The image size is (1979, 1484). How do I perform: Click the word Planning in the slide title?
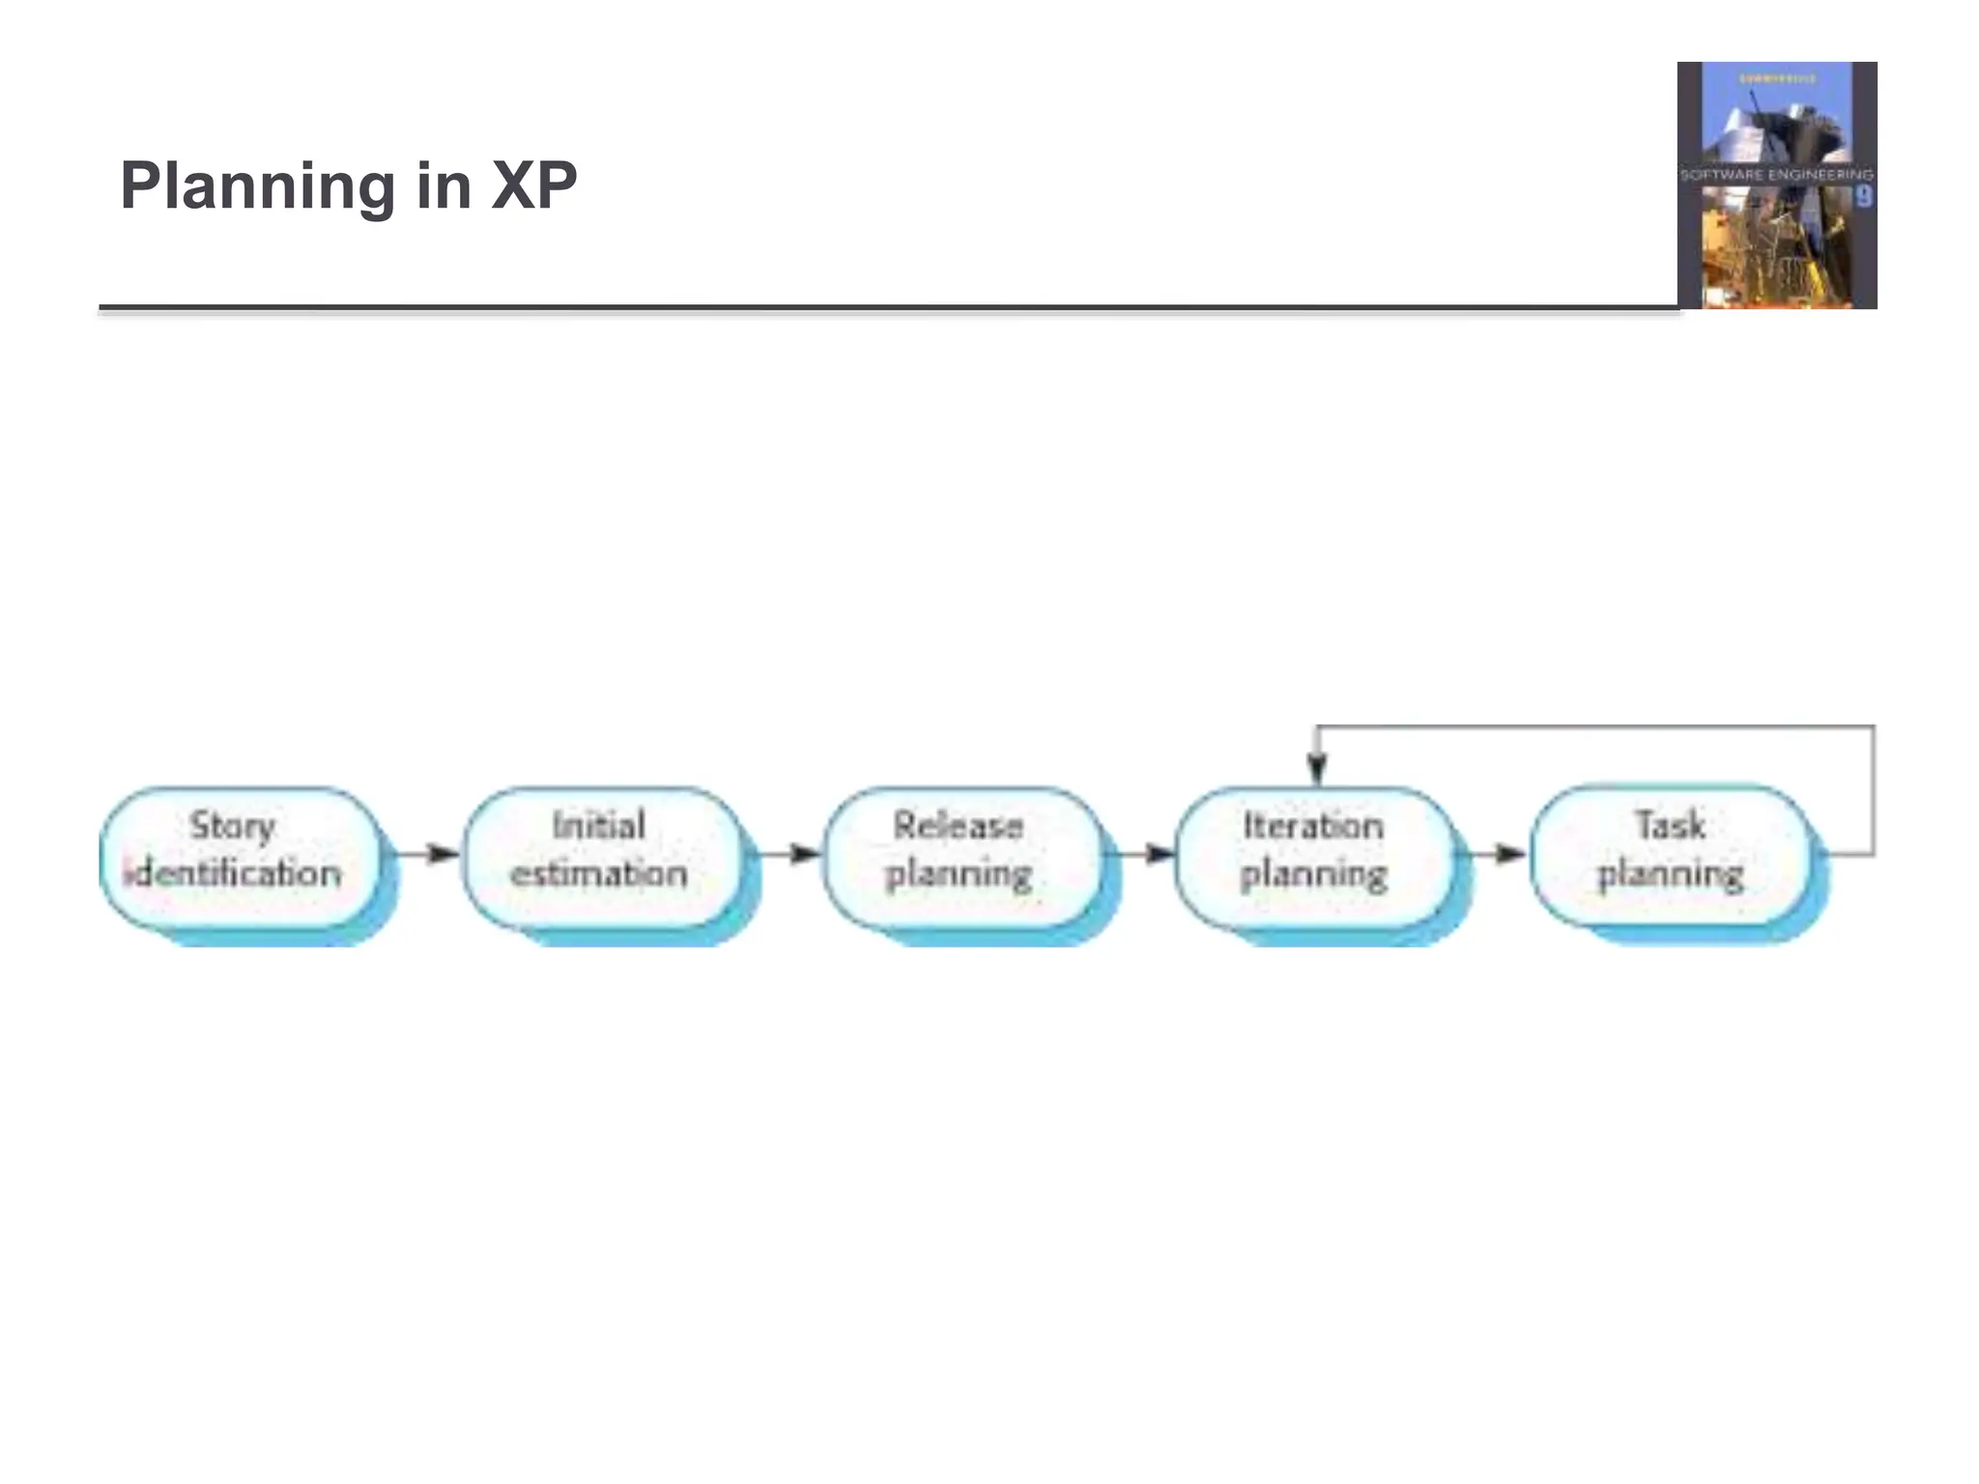click(x=256, y=185)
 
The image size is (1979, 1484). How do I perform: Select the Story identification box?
click(x=240, y=857)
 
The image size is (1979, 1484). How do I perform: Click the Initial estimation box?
click(x=601, y=857)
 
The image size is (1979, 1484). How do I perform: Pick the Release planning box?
click(x=961, y=857)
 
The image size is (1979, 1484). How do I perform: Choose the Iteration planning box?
click(x=1314, y=857)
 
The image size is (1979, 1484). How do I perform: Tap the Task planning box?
click(x=1670, y=857)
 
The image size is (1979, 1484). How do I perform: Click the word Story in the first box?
click(x=233, y=826)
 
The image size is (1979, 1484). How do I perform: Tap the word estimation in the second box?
click(x=599, y=874)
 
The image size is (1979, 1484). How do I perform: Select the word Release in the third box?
click(x=958, y=826)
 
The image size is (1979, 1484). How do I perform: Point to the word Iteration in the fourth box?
click(x=1313, y=826)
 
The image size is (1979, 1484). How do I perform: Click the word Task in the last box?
click(x=1670, y=826)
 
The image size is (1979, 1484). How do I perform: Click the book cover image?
click(x=1776, y=185)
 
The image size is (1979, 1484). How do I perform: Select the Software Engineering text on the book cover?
click(x=1776, y=175)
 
